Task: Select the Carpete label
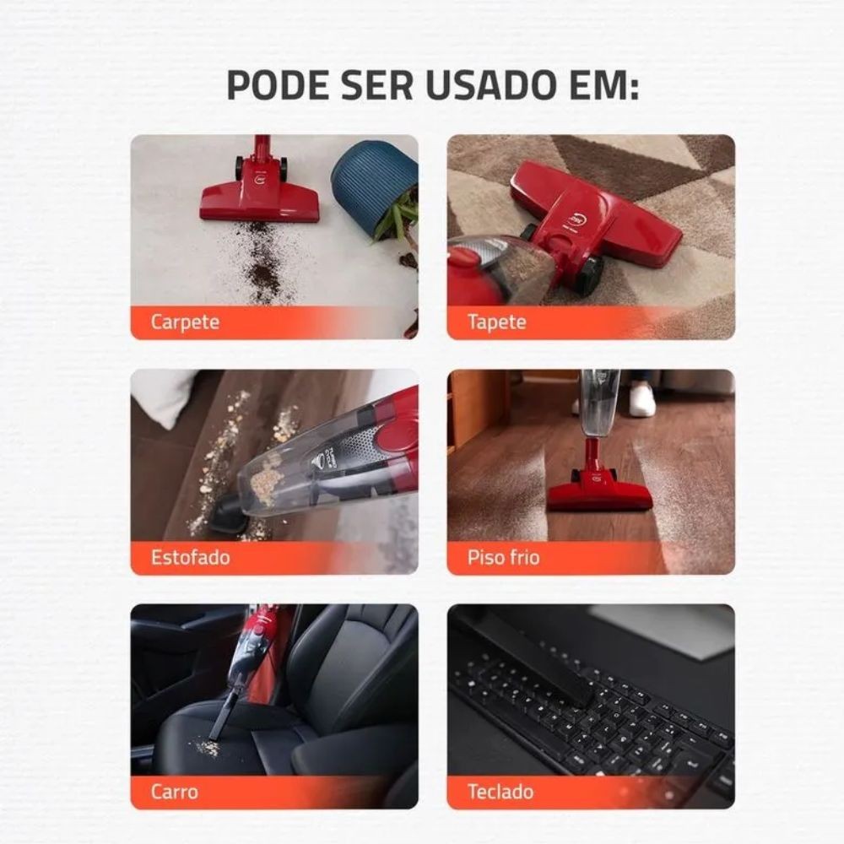point(185,322)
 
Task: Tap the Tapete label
point(497,322)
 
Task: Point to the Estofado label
point(191,557)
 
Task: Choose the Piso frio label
point(503,557)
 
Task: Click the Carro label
point(175,792)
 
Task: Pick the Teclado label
point(500,792)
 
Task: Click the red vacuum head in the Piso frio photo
point(600,490)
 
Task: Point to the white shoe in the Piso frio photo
point(641,399)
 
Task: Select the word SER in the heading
point(378,84)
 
